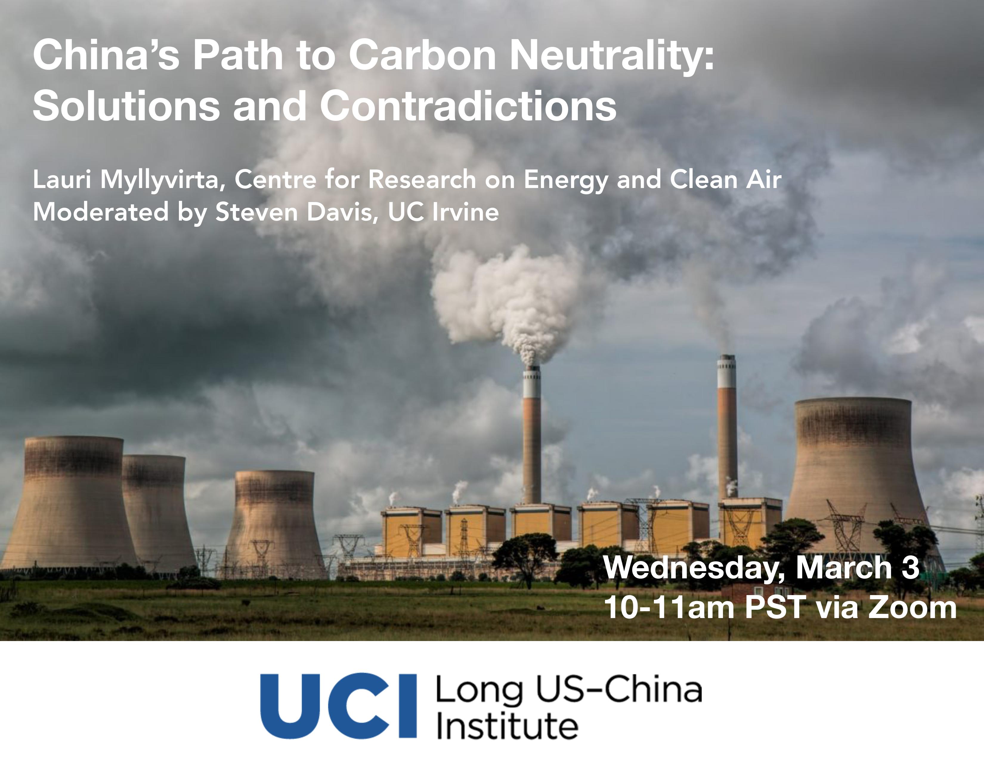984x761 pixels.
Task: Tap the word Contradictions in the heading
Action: pos(468,105)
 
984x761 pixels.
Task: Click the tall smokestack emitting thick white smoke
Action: pos(532,435)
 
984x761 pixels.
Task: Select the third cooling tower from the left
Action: pos(275,523)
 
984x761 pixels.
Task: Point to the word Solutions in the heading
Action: pos(126,105)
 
